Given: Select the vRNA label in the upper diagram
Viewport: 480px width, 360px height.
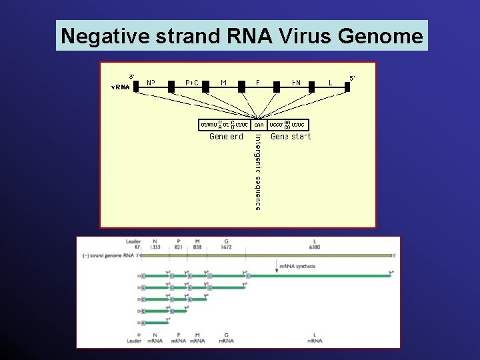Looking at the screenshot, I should coord(121,87).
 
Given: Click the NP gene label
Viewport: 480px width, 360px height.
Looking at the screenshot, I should coord(151,83).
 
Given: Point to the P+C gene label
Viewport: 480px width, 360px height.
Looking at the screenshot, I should coord(191,83).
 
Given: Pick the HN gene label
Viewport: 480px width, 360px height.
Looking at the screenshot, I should coord(295,83).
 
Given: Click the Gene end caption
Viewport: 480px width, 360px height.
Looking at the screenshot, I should coord(226,137).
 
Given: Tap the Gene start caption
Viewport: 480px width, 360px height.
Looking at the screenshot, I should coord(291,137).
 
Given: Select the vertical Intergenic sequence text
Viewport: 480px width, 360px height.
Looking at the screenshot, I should coord(258,172).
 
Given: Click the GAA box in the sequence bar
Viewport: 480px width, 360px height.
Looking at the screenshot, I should coord(259,125).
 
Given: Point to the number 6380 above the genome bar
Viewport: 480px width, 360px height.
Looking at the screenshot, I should coord(315,247).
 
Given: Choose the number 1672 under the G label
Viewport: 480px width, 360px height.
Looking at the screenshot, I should coord(227,247).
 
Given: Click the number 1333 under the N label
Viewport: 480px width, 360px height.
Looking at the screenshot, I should coord(155,247).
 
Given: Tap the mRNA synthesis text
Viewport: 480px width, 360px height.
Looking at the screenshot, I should coord(297,265).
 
